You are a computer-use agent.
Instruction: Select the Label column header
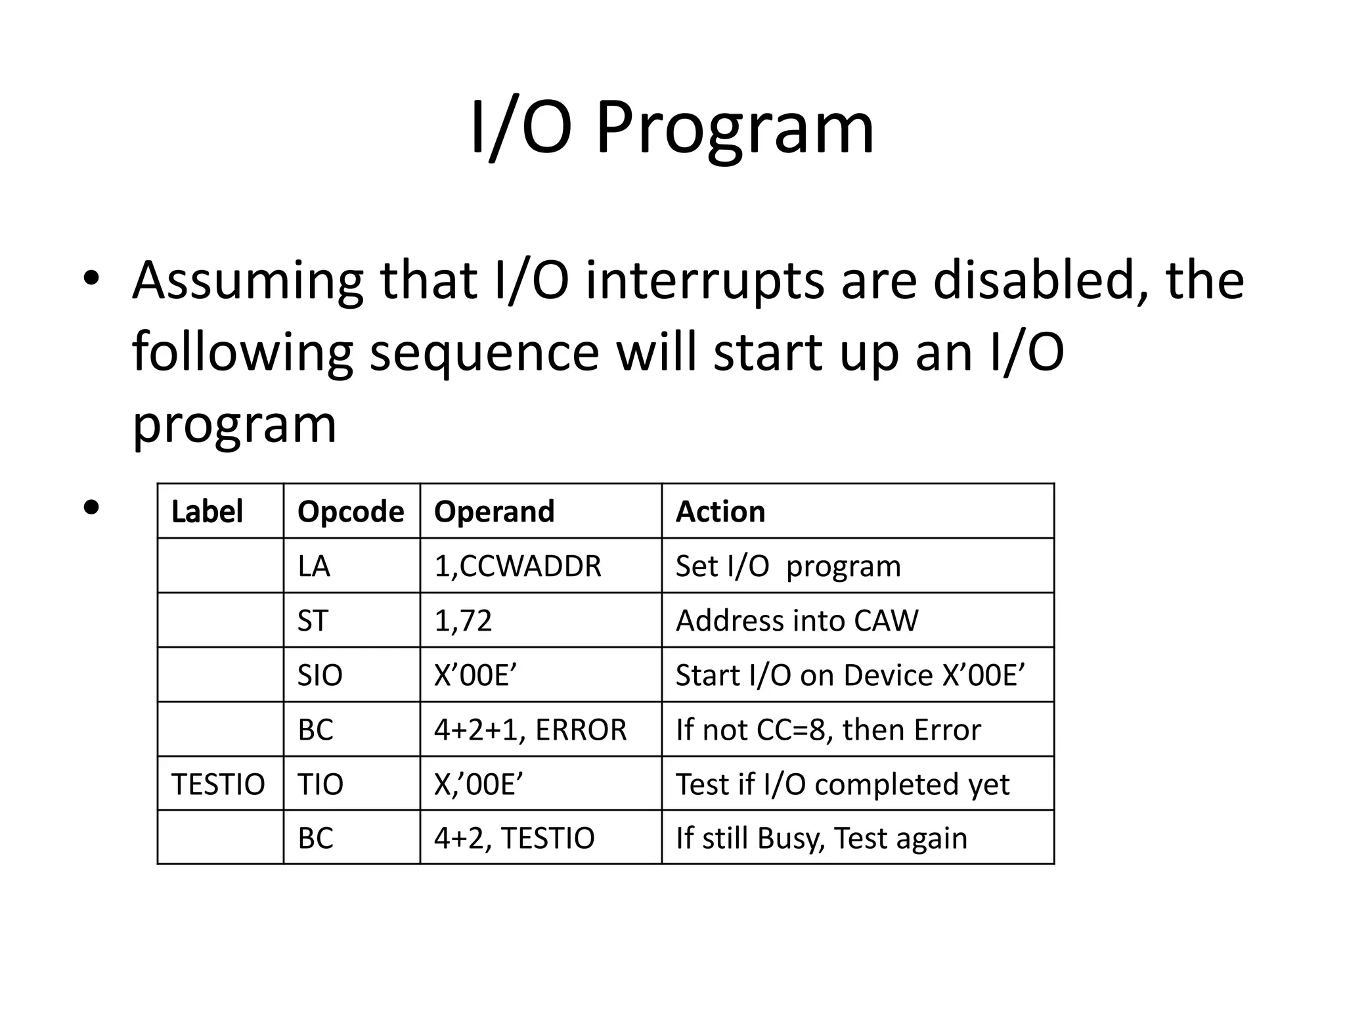[x=207, y=512]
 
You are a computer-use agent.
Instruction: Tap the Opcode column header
[x=351, y=512]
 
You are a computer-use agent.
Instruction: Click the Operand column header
[x=494, y=512]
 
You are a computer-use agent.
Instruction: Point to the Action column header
[x=720, y=512]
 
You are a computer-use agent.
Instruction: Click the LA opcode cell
[x=314, y=566]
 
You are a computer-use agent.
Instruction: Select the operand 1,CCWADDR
[x=518, y=566]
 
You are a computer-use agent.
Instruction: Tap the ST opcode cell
[x=312, y=621]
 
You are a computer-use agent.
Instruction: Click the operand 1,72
[x=463, y=621]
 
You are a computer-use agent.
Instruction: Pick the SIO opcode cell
[x=320, y=675]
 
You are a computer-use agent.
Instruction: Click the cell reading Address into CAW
[x=797, y=621]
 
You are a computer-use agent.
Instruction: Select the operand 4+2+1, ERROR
[x=530, y=730]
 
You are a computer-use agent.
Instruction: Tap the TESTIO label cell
[x=218, y=784]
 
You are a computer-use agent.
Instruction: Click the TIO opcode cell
[x=320, y=784]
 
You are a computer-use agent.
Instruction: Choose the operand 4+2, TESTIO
[x=514, y=838]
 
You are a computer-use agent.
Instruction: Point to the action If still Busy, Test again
[x=821, y=838]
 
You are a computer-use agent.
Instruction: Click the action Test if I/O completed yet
[x=843, y=784]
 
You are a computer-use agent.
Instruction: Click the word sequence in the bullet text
[x=485, y=353]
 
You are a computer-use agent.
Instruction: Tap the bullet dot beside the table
[x=91, y=507]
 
